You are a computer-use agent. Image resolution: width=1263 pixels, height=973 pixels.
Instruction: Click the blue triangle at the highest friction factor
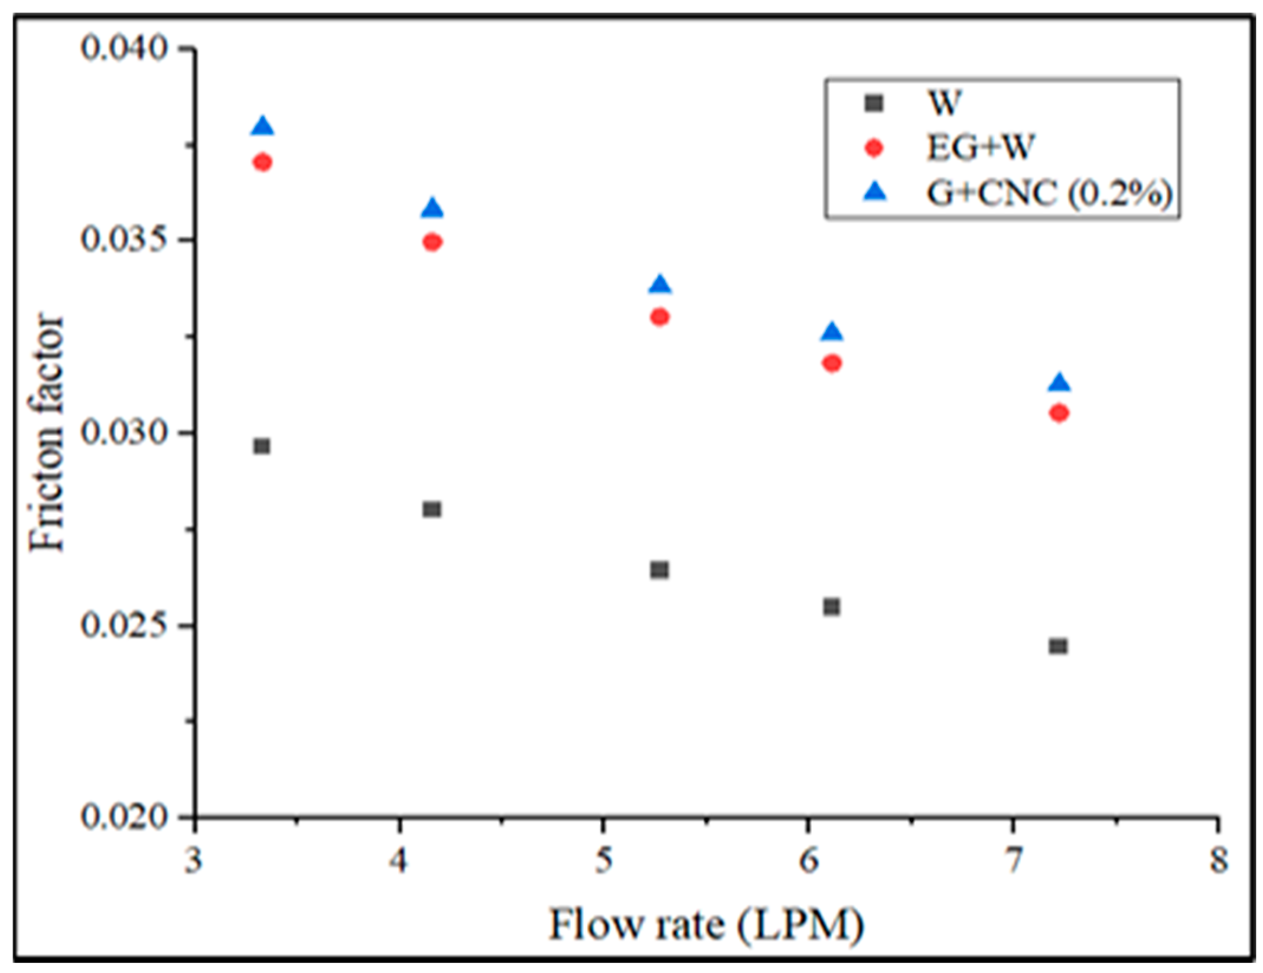(x=262, y=127)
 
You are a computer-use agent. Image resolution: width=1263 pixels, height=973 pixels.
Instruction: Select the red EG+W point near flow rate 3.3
(x=262, y=162)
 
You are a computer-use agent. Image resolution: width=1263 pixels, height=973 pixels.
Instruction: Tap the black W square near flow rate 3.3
(x=262, y=446)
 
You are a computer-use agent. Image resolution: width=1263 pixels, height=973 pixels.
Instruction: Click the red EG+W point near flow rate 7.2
(x=1059, y=413)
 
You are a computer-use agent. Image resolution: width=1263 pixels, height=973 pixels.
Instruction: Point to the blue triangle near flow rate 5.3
(x=660, y=285)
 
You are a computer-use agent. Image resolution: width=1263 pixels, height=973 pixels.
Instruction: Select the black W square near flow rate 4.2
(x=432, y=509)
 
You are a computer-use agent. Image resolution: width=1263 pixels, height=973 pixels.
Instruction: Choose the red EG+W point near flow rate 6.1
(x=831, y=363)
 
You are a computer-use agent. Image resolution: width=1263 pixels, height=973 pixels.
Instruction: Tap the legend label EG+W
(x=981, y=147)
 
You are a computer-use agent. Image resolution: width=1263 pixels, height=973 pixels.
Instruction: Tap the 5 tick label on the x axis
(x=602, y=861)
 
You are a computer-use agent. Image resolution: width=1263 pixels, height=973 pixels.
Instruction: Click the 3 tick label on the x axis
(x=193, y=861)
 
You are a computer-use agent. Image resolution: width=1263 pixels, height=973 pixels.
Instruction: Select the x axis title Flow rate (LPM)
(x=707, y=925)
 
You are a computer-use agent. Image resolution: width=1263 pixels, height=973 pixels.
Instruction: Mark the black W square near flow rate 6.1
(x=831, y=607)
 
